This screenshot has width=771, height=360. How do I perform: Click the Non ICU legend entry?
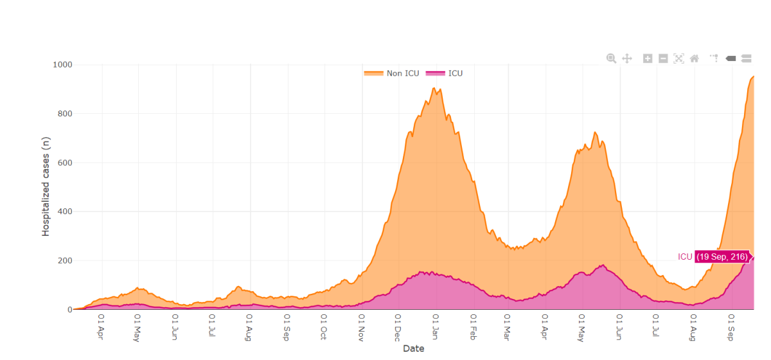[392, 73]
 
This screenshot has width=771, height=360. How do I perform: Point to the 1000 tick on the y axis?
[62, 65]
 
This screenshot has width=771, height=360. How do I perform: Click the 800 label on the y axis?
[64, 114]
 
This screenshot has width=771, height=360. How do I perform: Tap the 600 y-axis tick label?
[64, 163]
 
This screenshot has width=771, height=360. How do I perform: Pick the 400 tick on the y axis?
[64, 212]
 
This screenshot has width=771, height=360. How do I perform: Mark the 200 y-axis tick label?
[64, 260]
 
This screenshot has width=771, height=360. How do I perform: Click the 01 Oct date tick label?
[323, 326]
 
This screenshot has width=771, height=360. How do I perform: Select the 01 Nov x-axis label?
[360, 326]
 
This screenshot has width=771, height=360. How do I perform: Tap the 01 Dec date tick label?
[397, 326]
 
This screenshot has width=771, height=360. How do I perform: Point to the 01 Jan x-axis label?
[435, 326]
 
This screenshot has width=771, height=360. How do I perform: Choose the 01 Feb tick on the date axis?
[473, 326]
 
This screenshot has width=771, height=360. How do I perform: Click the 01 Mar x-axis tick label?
[507, 326]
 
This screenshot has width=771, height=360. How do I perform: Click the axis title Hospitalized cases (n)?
[46, 187]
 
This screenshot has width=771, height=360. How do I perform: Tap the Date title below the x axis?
[413, 349]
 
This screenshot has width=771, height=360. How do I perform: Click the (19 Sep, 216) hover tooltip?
[722, 257]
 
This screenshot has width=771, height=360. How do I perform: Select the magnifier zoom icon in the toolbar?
[611, 59]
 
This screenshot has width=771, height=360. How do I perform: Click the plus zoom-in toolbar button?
[648, 59]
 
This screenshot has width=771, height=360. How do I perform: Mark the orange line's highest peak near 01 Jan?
[434, 88]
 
